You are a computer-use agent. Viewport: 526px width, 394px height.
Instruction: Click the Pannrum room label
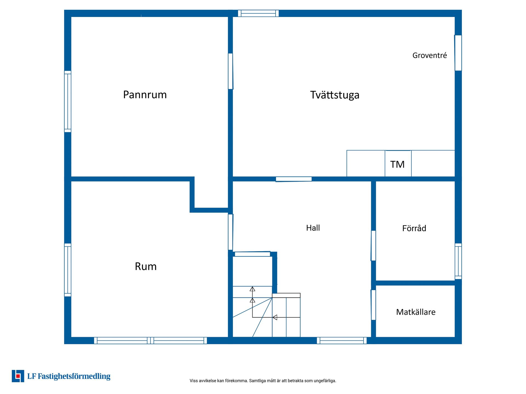145,95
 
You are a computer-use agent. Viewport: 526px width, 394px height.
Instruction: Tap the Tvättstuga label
335,95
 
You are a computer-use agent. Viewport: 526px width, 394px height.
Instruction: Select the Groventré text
430,55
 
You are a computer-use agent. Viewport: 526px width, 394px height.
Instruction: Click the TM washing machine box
398,164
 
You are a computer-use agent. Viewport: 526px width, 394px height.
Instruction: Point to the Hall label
313,228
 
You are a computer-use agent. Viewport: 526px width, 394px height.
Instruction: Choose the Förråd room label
414,228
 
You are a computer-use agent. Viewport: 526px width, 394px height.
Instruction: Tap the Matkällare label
416,312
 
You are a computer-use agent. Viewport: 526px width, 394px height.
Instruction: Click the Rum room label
146,266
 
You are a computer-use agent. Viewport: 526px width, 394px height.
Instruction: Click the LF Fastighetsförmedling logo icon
18,376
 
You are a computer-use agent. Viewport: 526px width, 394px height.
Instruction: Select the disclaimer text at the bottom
263,381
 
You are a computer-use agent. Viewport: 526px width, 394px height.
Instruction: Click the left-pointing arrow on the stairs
275,317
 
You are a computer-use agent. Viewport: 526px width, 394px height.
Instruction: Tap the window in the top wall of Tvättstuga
258,13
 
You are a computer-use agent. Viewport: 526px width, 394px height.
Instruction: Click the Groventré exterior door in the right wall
458,53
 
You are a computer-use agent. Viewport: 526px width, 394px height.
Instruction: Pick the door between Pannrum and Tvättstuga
231,71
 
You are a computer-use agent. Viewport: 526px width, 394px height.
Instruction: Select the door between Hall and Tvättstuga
294,179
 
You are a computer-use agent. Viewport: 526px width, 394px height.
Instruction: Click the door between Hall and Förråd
373,246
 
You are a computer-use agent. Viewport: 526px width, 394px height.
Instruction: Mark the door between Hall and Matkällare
373,305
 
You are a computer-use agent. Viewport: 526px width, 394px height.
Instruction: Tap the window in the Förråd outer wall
458,261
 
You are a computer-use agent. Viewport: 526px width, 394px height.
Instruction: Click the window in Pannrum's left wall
68,102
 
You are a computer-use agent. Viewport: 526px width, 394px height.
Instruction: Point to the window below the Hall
342,341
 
